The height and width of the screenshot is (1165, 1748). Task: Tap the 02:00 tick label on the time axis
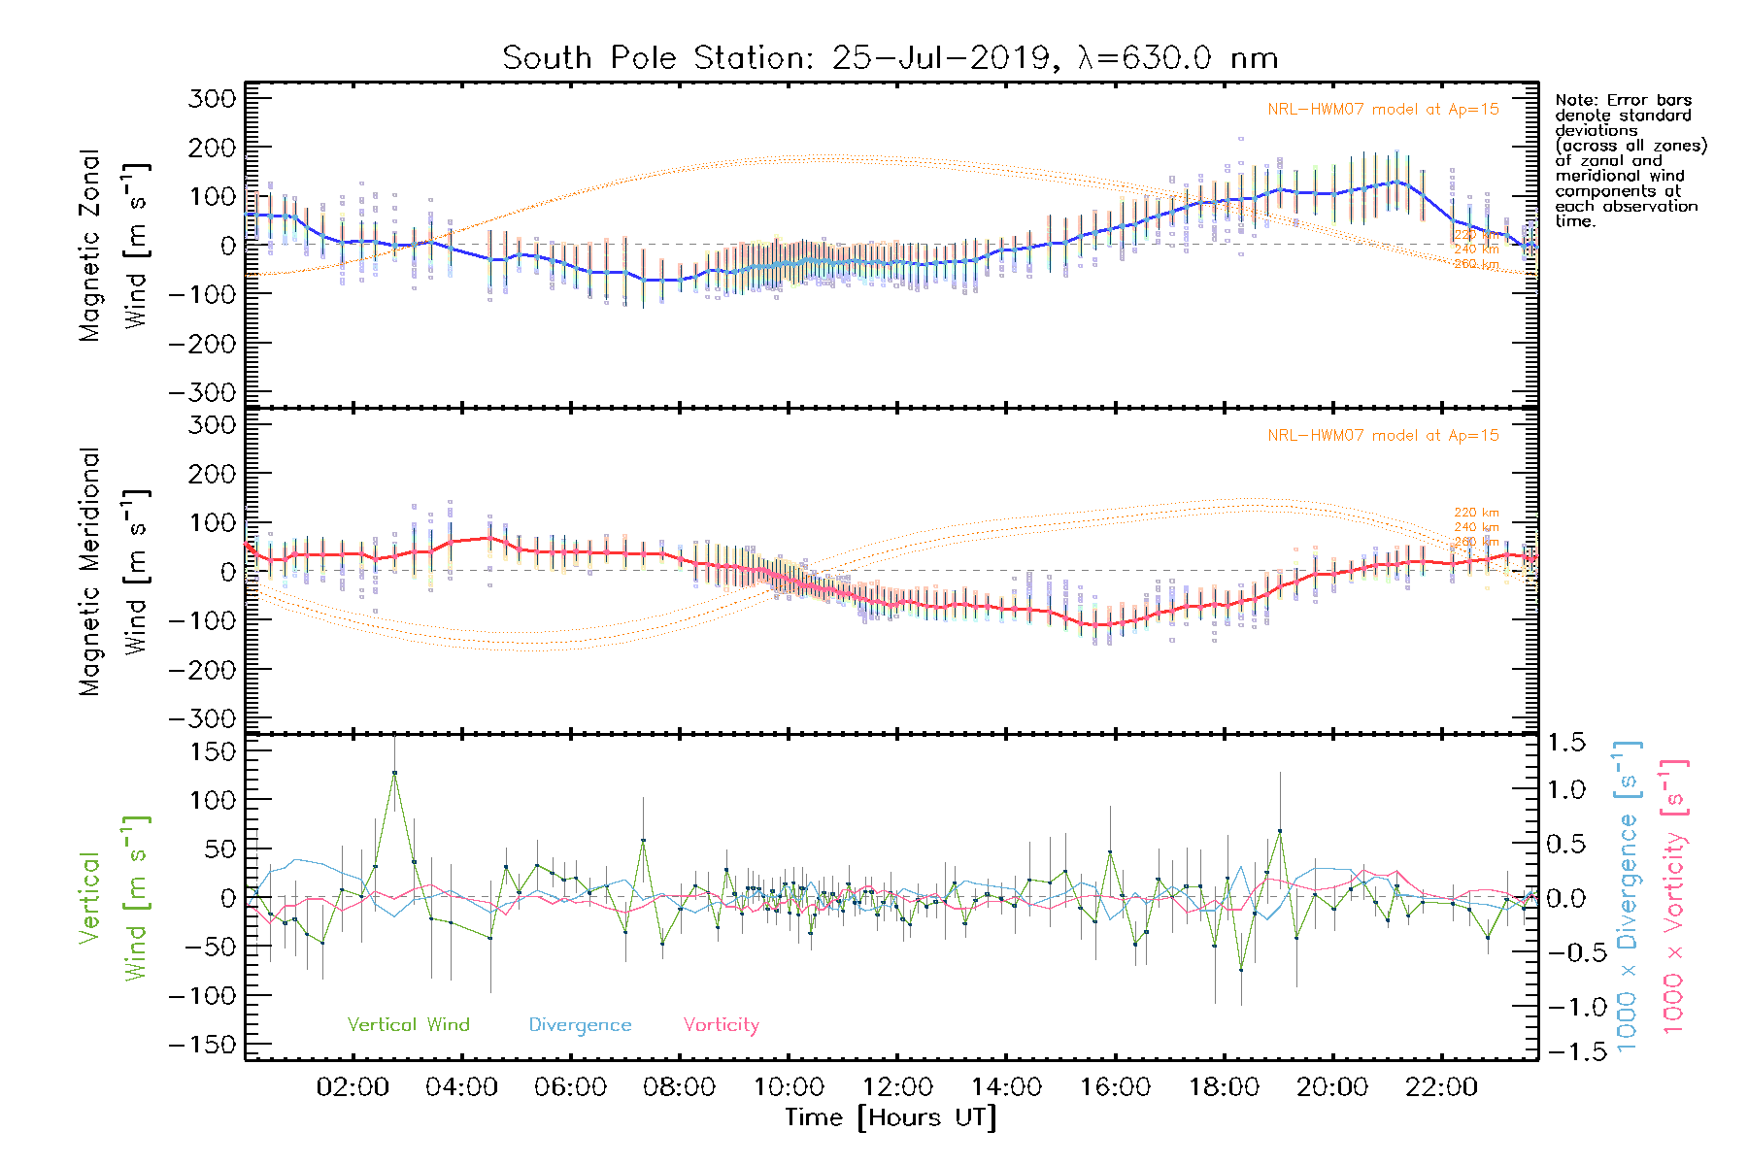353,1087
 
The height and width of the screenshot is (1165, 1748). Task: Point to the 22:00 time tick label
1441,1087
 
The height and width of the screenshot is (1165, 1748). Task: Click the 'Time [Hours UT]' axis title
891,1117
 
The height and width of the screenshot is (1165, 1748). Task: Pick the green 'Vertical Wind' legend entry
408,1024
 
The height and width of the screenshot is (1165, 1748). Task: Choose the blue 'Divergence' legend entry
580,1024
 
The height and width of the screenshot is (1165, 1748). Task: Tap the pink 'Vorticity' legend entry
721,1024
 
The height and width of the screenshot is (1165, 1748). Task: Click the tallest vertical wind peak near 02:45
394,773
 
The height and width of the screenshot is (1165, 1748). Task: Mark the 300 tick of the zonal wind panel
213,98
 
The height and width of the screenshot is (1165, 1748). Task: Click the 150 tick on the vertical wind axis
213,751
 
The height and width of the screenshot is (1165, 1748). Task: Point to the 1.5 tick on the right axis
1566,743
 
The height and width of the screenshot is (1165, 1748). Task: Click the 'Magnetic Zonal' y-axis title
89,246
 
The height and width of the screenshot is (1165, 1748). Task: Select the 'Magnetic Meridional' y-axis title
89,572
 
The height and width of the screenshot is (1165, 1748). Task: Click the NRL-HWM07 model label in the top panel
1383,110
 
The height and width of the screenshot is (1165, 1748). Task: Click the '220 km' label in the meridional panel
1476,513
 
